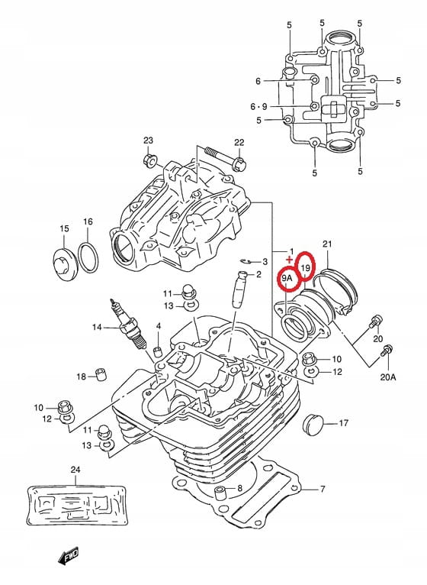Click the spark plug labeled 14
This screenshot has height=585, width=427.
click(128, 324)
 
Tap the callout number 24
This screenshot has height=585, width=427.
click(75, 470)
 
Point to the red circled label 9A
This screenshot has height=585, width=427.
click(287, 278)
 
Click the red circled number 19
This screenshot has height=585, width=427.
click(306, 267)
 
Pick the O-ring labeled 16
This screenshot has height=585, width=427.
click(88, 258)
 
